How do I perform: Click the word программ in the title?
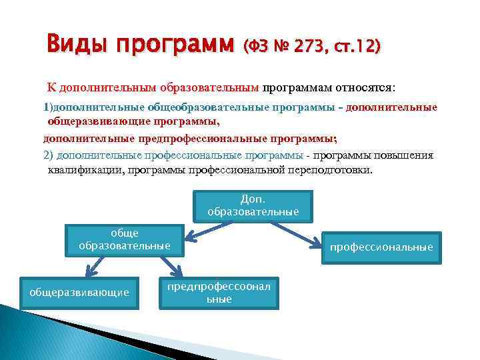click(175, 46)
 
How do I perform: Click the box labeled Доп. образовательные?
click(253, 205)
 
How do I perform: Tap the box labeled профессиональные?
click(381, 247)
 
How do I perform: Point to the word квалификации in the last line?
click(79, 170)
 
